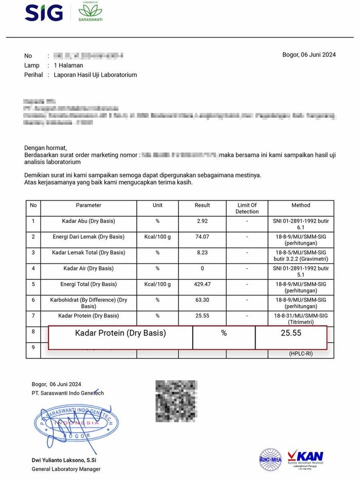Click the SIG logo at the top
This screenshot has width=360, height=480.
(44, 12)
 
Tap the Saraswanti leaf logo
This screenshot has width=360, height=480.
(90, 12)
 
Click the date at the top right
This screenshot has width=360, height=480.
(309, 55)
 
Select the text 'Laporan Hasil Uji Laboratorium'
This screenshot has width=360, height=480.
(96, 75)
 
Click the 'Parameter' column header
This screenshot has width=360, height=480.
(88, 205)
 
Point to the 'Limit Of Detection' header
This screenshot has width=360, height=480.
(247, 208)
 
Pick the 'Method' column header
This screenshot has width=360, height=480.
(301, 205)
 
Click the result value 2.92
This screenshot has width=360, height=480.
(202, 221)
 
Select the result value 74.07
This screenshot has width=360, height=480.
(202, 237)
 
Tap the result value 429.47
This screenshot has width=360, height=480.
(202, 284)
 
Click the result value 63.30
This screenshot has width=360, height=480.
(202, 300)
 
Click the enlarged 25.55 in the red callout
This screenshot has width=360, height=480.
(291, 333)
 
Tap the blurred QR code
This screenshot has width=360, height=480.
(176, 401)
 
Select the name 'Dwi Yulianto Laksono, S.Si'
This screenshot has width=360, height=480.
(66, 460)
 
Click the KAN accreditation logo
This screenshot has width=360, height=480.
(305, 458)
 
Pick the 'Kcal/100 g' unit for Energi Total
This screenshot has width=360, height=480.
(157, 284)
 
